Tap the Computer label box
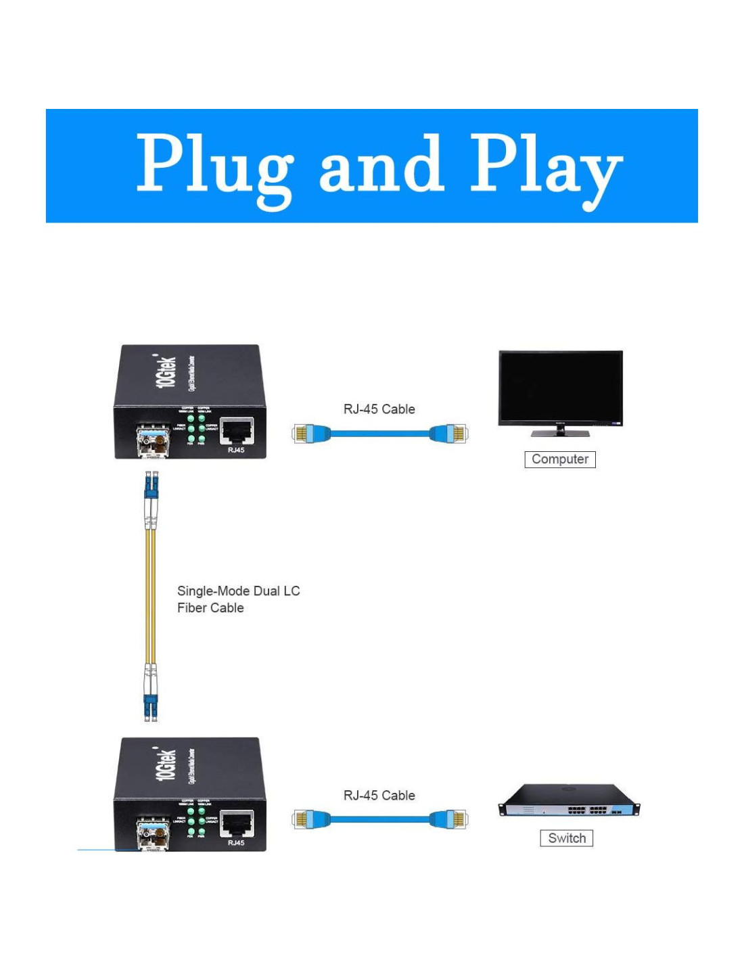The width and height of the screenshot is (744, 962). pyautogui.click(x=560, y=459)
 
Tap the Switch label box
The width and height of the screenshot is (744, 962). pyautogui.click(x=567, y=838)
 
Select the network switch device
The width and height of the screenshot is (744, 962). pyautogui.click(x=569, y=801)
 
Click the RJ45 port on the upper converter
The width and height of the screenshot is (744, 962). pyautogui.click(x=236, y=431)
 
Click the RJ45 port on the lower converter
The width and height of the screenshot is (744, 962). pyautogui.click(x=236, y=823)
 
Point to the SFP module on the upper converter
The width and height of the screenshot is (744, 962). pyautogui.click(x=153, y=441)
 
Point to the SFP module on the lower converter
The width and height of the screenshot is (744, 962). pyautogui.click(x=153, y=833)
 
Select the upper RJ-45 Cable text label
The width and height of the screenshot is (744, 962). pyautogui.click(x=379, y=409)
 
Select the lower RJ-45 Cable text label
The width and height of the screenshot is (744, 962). pyautogui.click(x=379, y=796)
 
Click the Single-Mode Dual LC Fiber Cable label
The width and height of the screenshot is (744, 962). pyautogui.click(x=238, y=599)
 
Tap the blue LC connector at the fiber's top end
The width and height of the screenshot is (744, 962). pyautogui.click(x=151, y=487)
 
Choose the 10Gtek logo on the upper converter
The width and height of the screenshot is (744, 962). pyautogui.click(x=166, y=371)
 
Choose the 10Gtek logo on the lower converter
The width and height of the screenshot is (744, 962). pyautogui.click(x=166, y=764)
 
